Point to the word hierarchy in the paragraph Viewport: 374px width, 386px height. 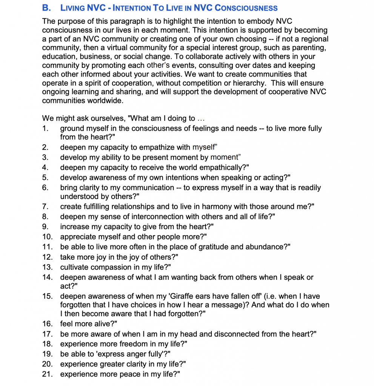[240, 83]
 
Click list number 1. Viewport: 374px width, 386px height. [45, 128]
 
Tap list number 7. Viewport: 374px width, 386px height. [45, 206]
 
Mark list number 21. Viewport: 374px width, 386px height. [47, 374]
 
